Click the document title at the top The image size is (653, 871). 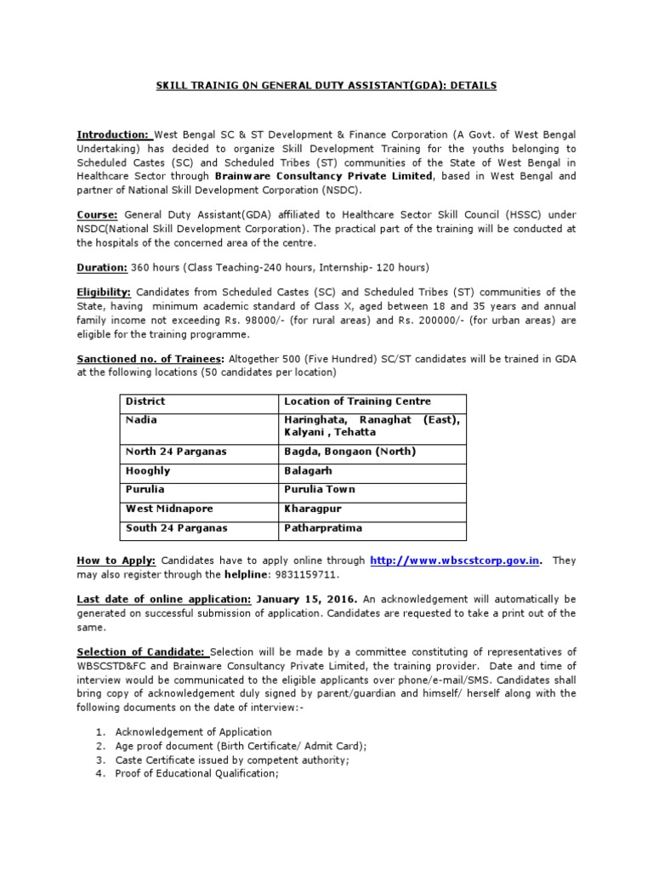click(326, 86)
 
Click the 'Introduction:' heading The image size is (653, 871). click(113, 134)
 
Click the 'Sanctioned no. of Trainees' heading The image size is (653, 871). click(150, 359)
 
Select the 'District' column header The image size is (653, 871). click(145, 401)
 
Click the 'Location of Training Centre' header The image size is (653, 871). click(357, 401)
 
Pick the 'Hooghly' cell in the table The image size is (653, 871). click(148, 470)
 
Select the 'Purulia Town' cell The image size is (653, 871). click(320, 489)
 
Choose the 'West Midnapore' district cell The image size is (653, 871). click(168, 508)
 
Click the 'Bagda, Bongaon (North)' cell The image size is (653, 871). click(349, 452)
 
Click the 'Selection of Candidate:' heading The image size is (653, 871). click(143, 652)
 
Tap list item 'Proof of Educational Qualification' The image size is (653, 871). click(196, 774)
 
